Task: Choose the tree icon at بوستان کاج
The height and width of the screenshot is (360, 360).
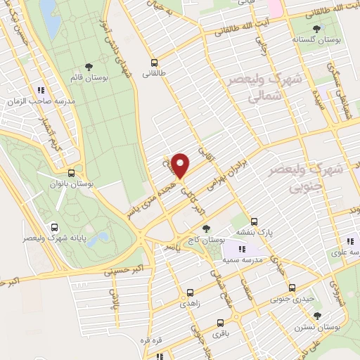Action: [x=206, y=229]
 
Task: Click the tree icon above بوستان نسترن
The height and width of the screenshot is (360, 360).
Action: [x=318, y=316]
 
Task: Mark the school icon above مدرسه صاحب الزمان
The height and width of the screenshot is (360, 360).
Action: [x=42, y=90]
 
